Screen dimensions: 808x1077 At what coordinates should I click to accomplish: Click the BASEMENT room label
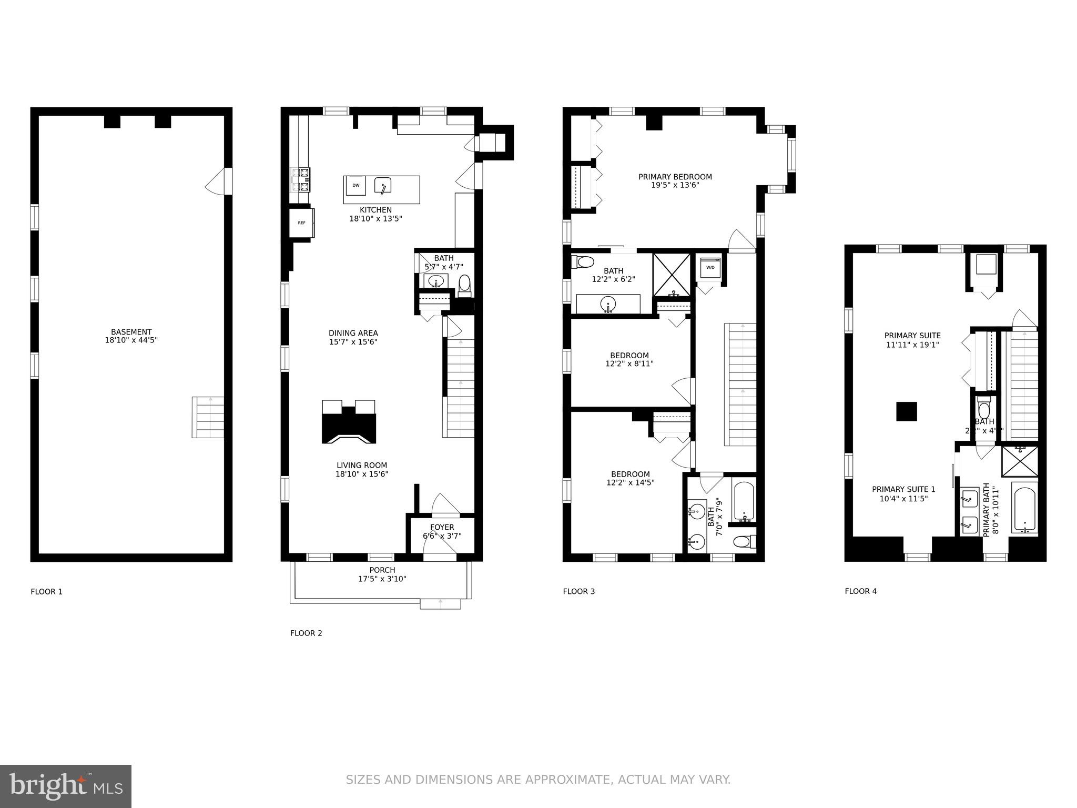[131, 332]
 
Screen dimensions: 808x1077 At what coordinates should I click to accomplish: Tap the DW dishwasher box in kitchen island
[356, 185]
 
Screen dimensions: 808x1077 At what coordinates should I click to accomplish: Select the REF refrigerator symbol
[301, 223]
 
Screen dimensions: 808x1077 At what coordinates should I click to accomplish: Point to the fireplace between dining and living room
[349, 422]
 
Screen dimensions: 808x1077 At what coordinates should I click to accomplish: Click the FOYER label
[442, 527]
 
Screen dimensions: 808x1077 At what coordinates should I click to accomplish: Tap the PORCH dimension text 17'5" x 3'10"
[382, 579]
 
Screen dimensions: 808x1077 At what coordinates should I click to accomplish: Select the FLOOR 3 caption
[578, 591]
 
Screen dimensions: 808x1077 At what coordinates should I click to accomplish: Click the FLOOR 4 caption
[860, 591]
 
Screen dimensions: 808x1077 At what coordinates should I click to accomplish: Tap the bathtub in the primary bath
[1024, 510]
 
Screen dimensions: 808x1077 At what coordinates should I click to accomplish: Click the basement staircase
[208, 417]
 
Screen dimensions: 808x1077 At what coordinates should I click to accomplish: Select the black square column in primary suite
[907, 411]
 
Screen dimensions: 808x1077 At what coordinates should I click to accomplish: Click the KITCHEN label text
[375, 210]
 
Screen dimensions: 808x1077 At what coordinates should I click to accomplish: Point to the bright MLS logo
[66, 786]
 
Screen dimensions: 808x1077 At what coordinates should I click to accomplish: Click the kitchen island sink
[383, 186]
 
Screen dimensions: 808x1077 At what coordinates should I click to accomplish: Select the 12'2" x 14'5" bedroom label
[630, 478]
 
